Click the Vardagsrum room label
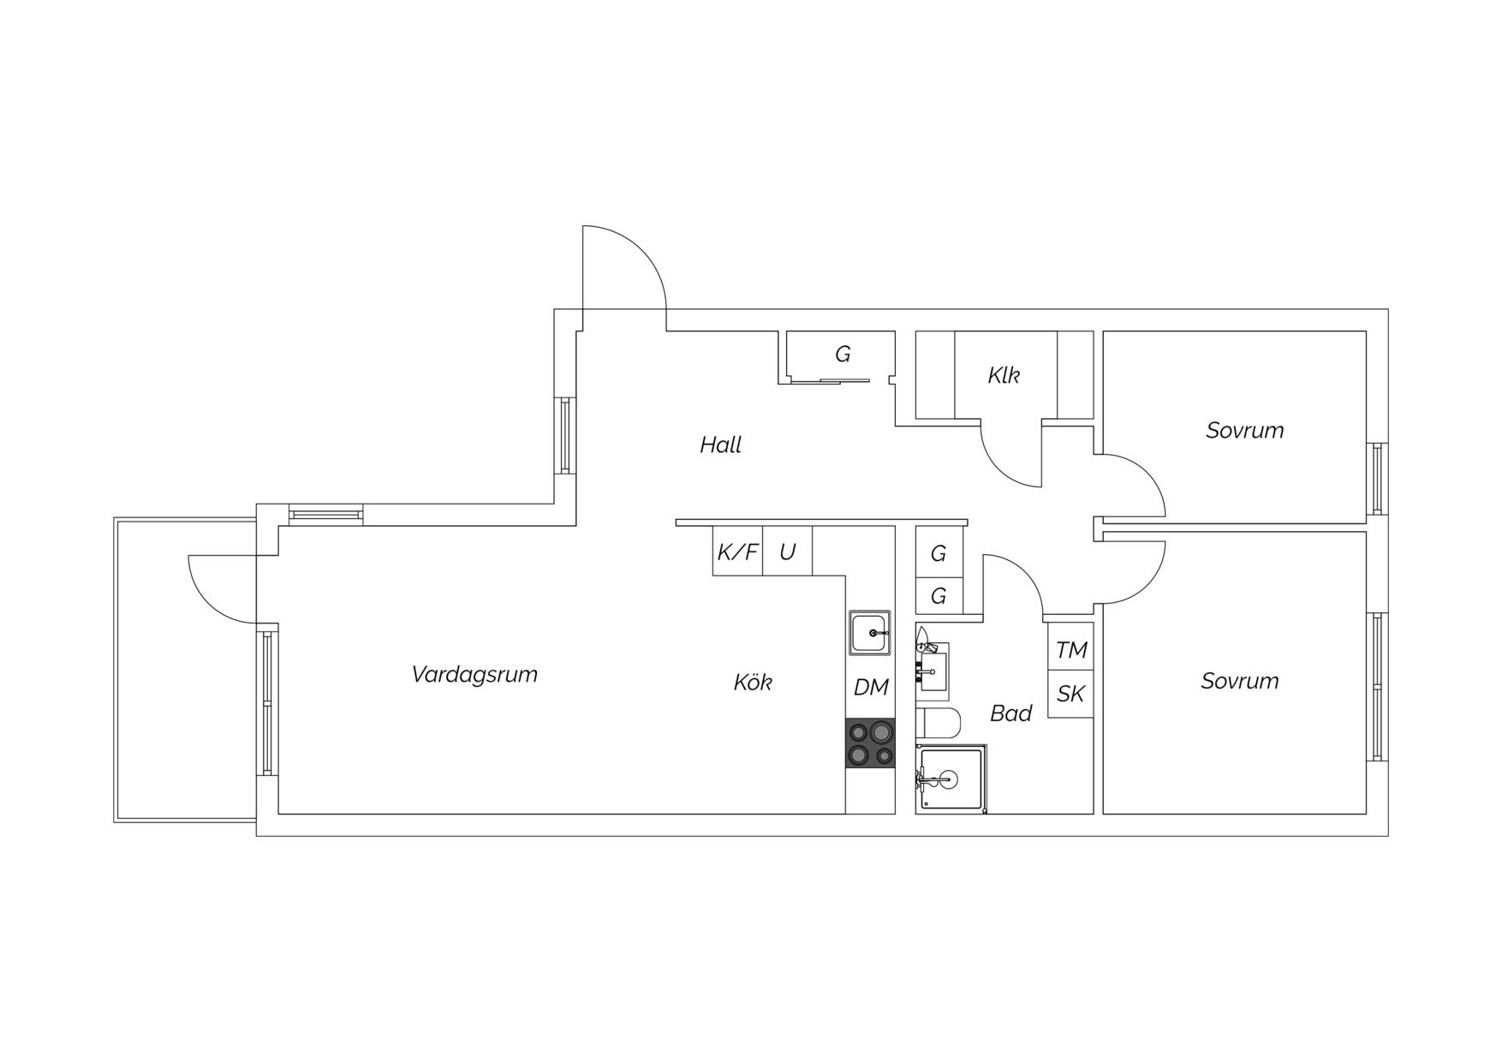[x=474, y=675]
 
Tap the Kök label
[x=753, y=682]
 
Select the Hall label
[x=720, y=444]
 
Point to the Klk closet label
[x=1004, y=375]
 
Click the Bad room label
[x=1010, y=713]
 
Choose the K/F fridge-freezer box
[x=737, y=551]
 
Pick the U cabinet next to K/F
[x=788, y=551]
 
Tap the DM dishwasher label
[x=871, y=687]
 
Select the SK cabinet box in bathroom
[x=1070, y=694]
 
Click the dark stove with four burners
[x=871, y=743]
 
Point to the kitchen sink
[x=870, y=633]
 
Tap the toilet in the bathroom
[x=939, y=725]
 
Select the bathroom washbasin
[x=933, y=666]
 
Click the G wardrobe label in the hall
[x=843, y=354]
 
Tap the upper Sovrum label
[x=1245, y=430]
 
